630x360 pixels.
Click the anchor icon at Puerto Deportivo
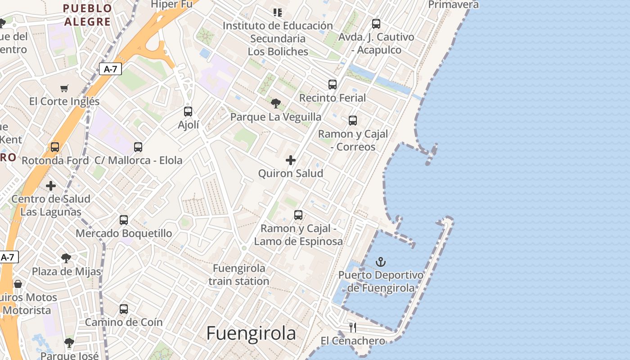(381, 261)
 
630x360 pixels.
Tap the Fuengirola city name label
(251, 333)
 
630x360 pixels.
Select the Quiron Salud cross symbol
(291, 160)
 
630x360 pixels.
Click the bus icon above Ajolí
(188, 111)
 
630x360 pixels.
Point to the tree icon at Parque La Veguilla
(275, 103)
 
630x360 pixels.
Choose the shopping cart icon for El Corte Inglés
(64, 88)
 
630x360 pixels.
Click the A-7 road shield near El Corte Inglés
(110, 69)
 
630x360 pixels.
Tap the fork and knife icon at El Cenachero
(353, 327)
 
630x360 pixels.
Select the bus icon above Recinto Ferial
(333, 84)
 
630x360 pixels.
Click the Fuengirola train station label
(239, 274)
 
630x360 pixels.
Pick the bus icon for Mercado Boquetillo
(124, 220)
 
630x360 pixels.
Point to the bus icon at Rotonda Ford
(55, 147)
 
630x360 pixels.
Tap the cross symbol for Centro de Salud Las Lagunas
(51, 185)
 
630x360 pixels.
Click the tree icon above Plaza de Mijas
(66, 258)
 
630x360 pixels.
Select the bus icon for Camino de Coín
(124, 309)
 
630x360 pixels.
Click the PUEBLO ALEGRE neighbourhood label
(87, 15)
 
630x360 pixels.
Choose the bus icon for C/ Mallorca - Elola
(138, 147)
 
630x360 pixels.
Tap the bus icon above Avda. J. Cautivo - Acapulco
(376, 23)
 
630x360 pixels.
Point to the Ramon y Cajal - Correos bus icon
(353, 120)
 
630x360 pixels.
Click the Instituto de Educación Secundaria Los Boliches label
(278, 38)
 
